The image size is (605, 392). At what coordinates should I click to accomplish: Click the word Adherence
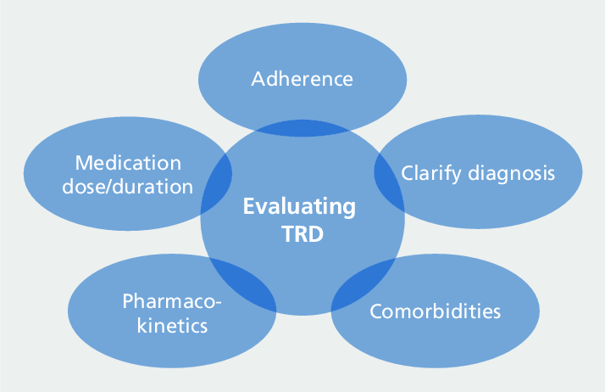pos(302,79)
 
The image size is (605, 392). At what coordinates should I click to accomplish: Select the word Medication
pos(128,163)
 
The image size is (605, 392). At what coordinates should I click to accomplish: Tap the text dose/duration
pos(128,187)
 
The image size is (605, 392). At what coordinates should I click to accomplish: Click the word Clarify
pos(431,173)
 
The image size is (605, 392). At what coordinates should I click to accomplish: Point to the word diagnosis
pos(512,173)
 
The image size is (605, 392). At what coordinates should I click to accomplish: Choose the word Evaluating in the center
pos(299,206)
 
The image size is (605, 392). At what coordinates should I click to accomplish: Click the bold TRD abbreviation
pos(302,233)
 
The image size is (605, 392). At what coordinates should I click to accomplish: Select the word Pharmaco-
pos(172,301)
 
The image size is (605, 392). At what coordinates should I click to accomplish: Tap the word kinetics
pos(173,325)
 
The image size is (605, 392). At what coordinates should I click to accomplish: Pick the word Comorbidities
pos(436,311)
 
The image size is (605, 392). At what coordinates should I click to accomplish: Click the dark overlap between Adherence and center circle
pos(302,128)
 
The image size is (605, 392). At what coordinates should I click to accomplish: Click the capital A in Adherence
pos(258,79)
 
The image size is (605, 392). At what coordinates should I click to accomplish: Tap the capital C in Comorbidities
pos(377,311)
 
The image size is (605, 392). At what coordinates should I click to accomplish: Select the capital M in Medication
pos(84,163)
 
